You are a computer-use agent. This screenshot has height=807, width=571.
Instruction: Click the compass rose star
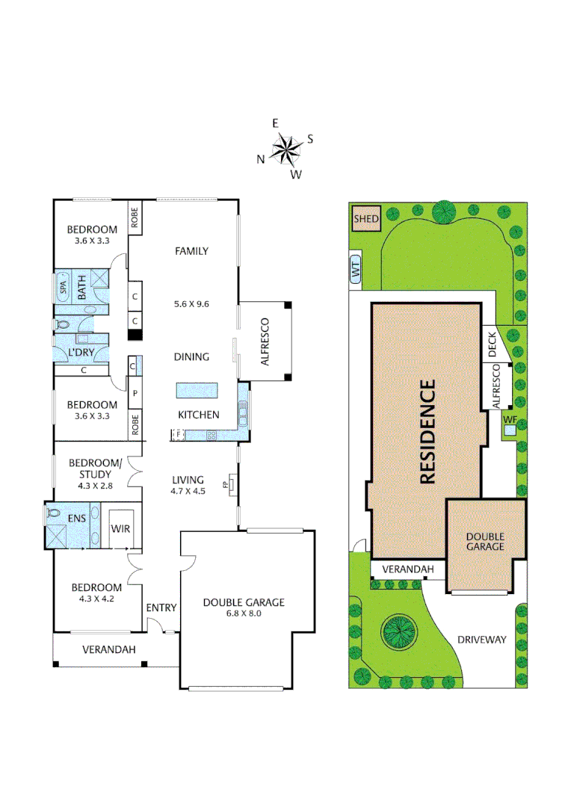[x=285, y=149]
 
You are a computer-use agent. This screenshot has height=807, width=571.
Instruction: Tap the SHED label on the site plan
[x=366, y=219]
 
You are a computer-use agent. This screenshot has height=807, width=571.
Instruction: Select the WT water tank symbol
[x=356, y=270]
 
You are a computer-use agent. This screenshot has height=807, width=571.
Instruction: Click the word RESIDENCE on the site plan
[x=427, y=431]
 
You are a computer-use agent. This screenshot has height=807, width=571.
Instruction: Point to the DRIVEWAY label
[x=482, y=640]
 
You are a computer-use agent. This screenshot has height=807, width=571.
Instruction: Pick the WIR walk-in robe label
[x=120, y=529]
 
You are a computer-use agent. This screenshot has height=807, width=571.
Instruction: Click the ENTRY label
[x=161, y=607]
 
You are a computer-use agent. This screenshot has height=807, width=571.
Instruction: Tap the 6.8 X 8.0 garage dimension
[x=244, y=614]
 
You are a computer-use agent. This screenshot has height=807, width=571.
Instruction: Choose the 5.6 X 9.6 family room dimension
[x=191, y=304]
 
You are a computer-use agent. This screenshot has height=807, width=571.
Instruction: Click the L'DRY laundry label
[x=80, y=351]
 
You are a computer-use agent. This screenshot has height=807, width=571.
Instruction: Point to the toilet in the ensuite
[x=55, y=514]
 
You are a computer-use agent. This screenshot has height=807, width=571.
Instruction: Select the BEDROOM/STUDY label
[x=90, y=469]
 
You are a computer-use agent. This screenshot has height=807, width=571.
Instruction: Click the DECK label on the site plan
[x=493, y=344]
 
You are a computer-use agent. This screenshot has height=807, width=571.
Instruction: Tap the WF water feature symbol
[x=510, y=421]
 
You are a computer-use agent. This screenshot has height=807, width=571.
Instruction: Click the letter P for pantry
[x=135, y=393]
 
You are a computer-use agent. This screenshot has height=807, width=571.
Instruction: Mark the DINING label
[x=192, y=357]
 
